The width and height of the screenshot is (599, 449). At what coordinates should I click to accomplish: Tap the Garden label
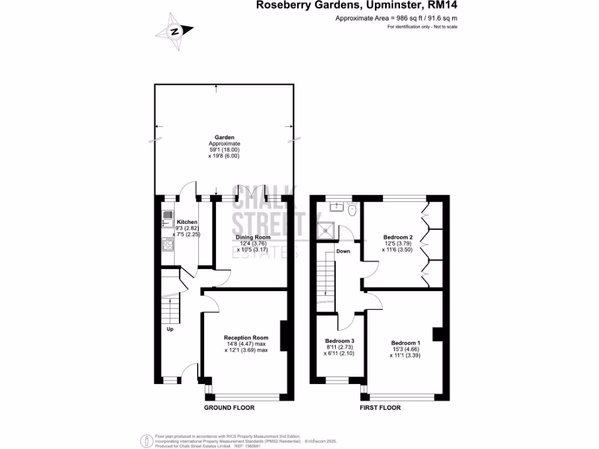[224, 138]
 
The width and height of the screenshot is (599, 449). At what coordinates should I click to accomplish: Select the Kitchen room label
[187, 222]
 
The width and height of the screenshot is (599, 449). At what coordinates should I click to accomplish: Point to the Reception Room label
[246, 337]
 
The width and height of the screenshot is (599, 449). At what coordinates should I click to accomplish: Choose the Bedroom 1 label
[405, 343]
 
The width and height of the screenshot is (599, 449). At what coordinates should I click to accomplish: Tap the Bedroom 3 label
[339, 341]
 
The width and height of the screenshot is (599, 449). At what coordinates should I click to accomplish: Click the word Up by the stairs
[170, 329]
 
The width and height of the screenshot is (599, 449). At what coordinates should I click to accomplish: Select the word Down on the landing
[343, 251]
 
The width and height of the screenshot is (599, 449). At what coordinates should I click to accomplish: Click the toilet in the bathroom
[352, 209]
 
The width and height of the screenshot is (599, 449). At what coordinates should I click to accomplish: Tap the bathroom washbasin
[336, 206]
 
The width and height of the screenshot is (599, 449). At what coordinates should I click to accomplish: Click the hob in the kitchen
[168, 244]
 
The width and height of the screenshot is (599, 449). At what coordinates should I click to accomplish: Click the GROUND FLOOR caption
[229, 408]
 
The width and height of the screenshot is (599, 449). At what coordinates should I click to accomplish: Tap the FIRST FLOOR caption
[380, 408]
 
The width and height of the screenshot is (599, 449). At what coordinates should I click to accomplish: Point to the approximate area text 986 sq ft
[396, 19]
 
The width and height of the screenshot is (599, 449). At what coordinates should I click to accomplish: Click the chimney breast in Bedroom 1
[436, 334]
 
